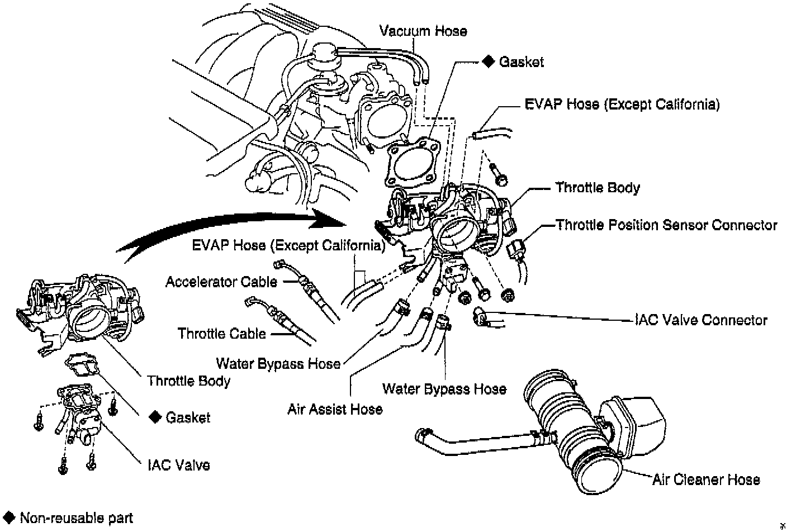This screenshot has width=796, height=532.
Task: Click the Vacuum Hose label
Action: [x=423, y=31]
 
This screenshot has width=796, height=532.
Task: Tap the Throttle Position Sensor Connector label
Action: [x=666, y=225]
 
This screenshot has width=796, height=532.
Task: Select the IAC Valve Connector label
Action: [x=701, y=320]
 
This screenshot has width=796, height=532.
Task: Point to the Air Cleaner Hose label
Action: [x=706, y=479]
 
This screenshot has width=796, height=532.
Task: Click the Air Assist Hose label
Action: [x=335, y=409]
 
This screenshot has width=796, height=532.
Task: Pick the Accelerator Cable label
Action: [x=221, y=282]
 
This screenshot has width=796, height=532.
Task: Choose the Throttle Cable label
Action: [x=221, y=334]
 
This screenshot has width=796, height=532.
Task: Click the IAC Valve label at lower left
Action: [x=179, y=465]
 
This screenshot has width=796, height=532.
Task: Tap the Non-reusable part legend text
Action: [x=77, y=518]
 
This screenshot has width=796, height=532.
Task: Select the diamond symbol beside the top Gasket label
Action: [x=488, y=61]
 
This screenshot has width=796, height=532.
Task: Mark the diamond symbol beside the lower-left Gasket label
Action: [x=154, y=417]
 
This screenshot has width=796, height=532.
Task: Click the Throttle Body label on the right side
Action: [x=597, y=188]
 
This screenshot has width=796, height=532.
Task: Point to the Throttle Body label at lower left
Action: [x=188, y=381]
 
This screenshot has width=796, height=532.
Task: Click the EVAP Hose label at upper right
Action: [x=622, y=104]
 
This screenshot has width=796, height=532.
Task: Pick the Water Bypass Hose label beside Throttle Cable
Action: [x=278, y=364]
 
